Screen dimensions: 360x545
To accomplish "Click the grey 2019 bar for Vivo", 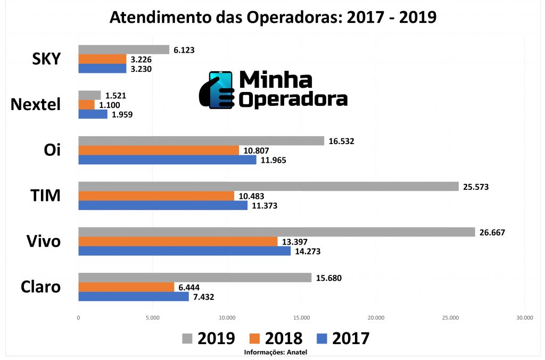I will coord(276,232).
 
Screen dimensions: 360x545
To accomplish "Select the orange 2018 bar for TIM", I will coord(156,196).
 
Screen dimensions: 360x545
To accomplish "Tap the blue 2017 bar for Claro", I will coord(133,297).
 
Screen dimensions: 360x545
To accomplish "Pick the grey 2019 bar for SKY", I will coord(123,49).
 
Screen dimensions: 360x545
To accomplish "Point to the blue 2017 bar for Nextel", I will coord(93,114).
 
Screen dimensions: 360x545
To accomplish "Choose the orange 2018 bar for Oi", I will coord(159,150).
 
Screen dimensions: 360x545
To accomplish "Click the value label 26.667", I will coord(492,232).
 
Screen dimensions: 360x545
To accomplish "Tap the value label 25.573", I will coord(476,187).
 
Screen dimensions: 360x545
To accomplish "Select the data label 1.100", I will coord(110,105).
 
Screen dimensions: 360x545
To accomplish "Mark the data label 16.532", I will coord(341,141).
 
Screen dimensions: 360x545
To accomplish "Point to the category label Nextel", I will coord(36,104).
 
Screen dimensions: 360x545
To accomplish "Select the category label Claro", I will coord(40,287).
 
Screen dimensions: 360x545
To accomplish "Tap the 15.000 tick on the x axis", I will coord(301,318).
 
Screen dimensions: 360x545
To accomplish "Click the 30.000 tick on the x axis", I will coord(524,318).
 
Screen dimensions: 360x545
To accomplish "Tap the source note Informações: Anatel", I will coord(275,352).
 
